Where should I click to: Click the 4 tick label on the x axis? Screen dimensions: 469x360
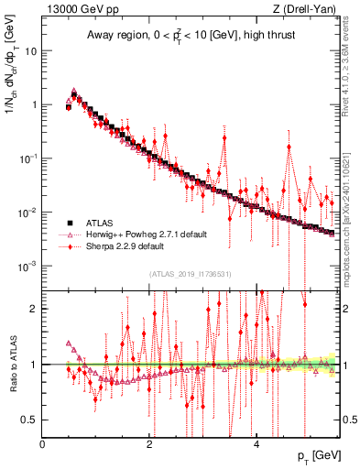click(x=256, y=444)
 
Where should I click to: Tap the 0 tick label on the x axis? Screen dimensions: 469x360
click(x=43, y=444)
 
